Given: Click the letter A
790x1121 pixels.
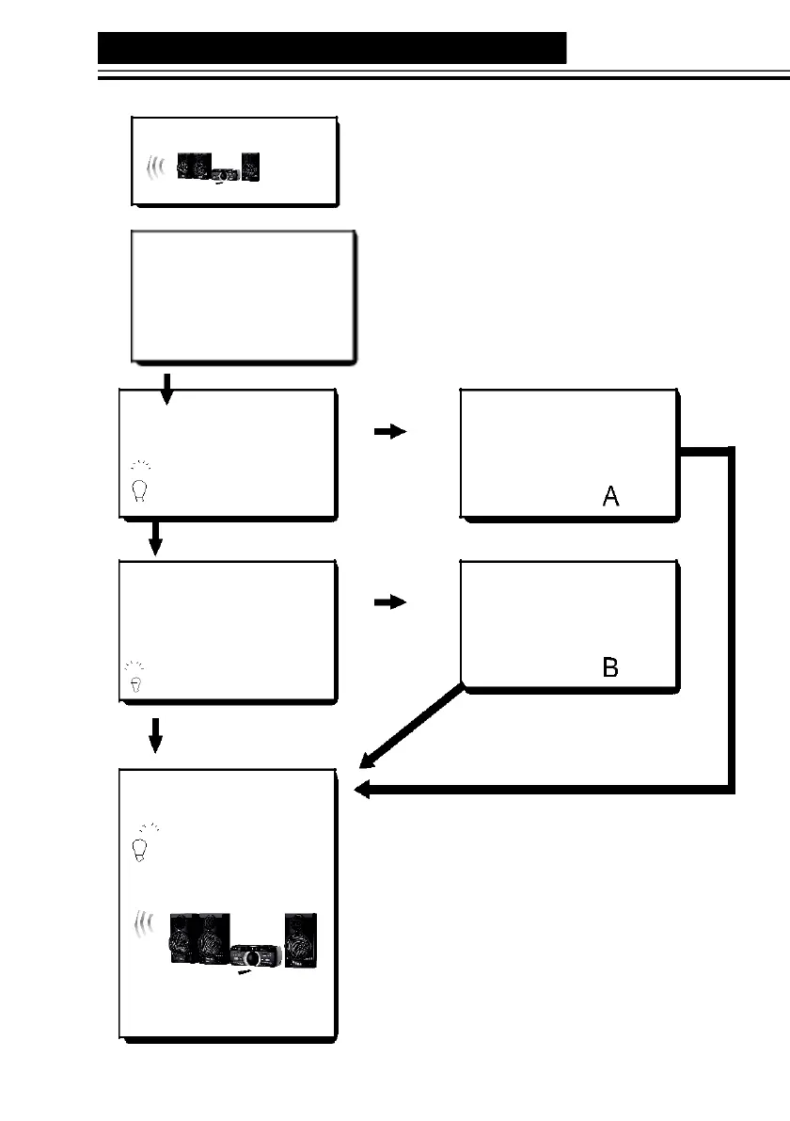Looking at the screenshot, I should [610, 496].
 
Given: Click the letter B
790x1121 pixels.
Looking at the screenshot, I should [610, 667].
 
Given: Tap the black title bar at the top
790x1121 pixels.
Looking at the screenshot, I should [332, 47].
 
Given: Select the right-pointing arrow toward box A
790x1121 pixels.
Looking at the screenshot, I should [389, 431].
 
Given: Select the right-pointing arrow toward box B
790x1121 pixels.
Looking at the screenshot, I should [389, 602].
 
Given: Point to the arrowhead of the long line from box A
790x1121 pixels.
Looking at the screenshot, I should [362, 792].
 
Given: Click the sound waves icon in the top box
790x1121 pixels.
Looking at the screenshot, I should [156, 168].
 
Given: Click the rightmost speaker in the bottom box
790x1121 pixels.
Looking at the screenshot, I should [301, 939].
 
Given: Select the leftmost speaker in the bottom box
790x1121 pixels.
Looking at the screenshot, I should [182, 939].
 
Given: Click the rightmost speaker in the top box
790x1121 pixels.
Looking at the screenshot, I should [249, 167].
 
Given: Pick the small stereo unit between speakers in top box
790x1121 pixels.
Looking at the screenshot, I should [224, 174].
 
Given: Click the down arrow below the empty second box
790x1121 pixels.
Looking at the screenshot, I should [167, 386].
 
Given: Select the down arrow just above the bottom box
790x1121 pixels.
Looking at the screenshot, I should [156, 734].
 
